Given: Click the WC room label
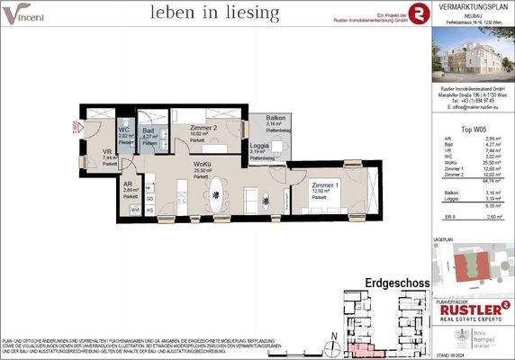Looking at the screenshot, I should [125, 130].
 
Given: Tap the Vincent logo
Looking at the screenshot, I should [25, 13].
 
